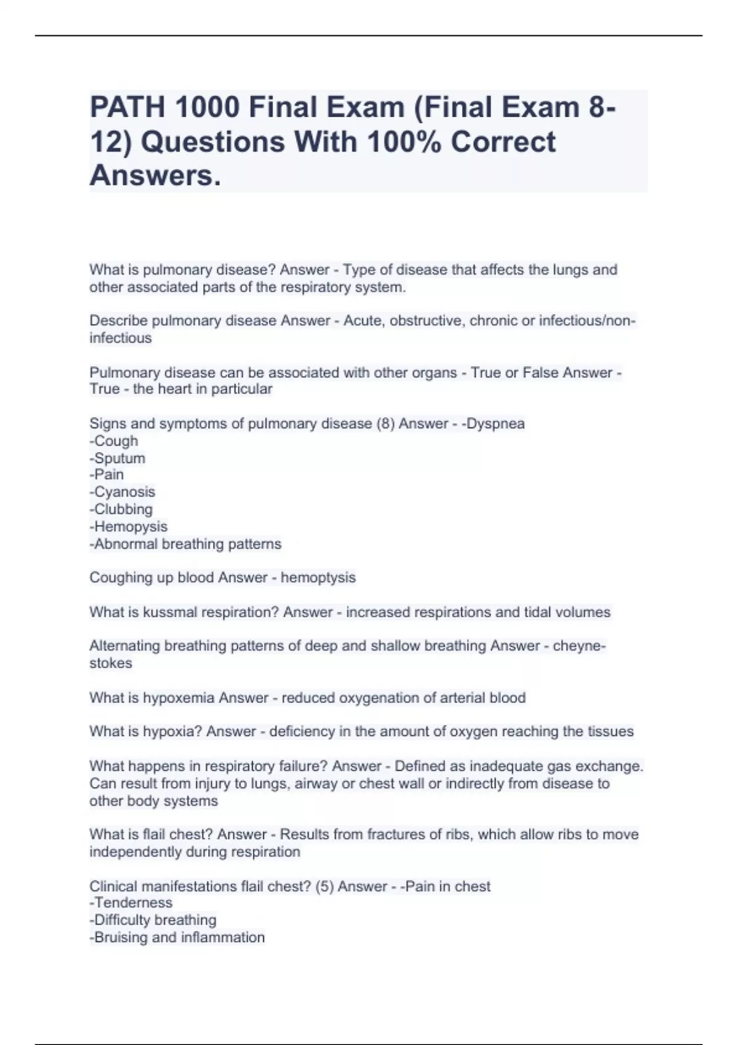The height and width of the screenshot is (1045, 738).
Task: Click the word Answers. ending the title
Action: (x=155, y=176)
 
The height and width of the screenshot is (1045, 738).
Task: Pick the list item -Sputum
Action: (x=117, y=458)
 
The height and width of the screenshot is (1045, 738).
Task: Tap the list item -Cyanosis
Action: (x=122, y=492)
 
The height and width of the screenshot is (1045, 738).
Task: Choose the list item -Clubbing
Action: (x=121, y=509)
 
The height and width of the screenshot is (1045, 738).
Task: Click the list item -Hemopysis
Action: (x=129, y=526)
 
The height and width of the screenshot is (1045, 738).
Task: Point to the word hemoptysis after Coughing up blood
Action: (x=318, y=578)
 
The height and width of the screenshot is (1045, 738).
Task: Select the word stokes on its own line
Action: (x=111, y=663)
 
